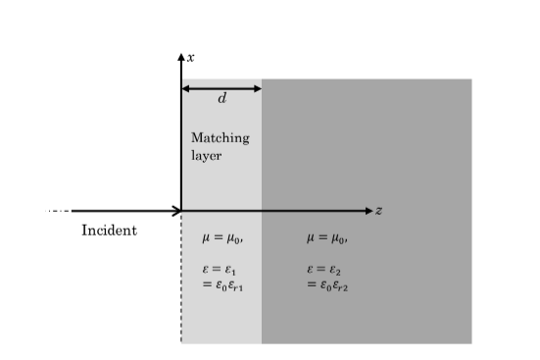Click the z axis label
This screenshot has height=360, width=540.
click(378, 211)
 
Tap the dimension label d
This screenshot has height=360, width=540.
click(221, 98)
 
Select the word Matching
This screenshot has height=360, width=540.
click(220, 138)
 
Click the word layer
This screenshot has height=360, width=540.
click(207, 155)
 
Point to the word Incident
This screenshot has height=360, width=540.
click(109, 231)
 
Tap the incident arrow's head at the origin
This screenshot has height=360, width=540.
click(177, 211)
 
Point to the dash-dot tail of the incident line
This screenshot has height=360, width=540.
click(59, 211)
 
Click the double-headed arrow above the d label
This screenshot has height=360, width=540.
click(221, 88)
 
